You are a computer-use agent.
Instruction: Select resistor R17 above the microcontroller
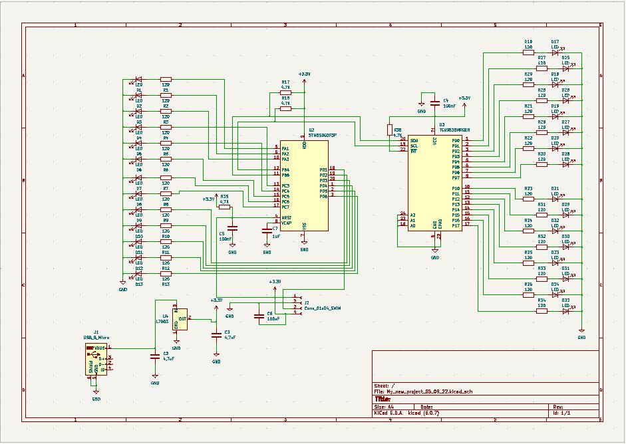pos(285,92)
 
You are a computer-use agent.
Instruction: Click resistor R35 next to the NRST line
pos(224,207)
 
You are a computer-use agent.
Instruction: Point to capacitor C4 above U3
pos(435,102)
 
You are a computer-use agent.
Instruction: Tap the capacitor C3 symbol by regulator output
pos(216,334)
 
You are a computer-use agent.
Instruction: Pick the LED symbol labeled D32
pos(566,311)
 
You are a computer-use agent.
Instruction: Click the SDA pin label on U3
pos(414,140)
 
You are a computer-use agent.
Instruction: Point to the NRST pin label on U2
pos(287,217)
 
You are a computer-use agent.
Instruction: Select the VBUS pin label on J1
pos(99,348)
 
